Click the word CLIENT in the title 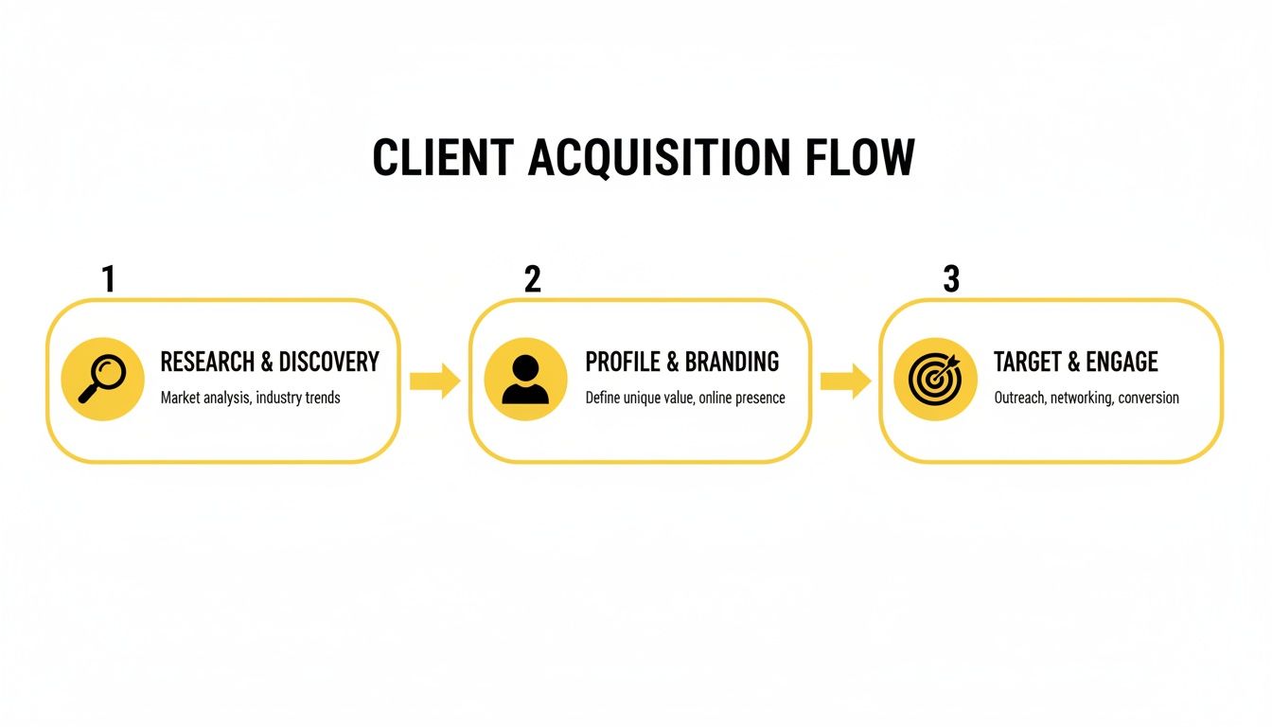coord(442,158)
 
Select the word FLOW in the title coord(860,158)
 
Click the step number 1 coord(108,279)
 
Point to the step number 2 coord(532,279)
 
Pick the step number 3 coord(951,279)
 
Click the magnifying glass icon coord(102,379)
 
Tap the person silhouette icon coord(525,379)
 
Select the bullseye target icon coord(935,379)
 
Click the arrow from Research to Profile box coord(434,381)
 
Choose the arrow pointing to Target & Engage coord(845,381)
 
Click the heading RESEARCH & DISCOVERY coord(270,362)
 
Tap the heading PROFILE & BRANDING coord(681,362)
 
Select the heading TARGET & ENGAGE coord(1075,362)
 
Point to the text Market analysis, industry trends coord(250,398)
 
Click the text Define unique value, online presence coord(684,398)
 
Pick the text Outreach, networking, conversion coord(1086,398)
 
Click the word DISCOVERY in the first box coord(328,362)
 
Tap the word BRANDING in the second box coord(732,362)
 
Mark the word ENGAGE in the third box coord(1122,362)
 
